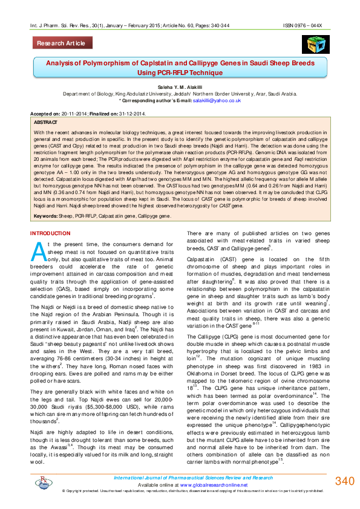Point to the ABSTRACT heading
(46, 122)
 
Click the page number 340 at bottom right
(344, 481)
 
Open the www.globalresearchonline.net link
(210, 485)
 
